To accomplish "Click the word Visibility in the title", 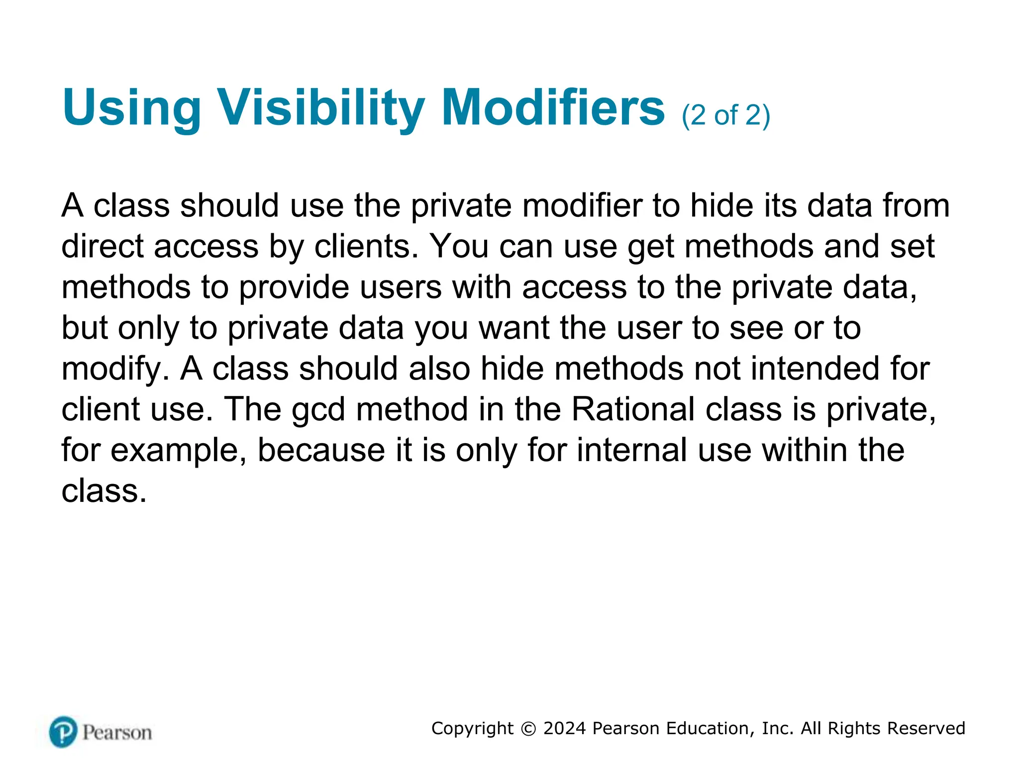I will click(x=321, y=107).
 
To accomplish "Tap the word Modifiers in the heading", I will click(x=553, y=107).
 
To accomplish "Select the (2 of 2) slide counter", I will click(x=725, y=115).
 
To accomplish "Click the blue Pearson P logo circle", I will click(x=63, y=732).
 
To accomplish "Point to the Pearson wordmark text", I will click(x=117, y=733).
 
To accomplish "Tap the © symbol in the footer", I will click(x=528, y=729).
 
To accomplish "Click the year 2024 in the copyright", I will click(x=565, y=728).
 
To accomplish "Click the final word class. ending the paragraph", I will click(x=104, y=491).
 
